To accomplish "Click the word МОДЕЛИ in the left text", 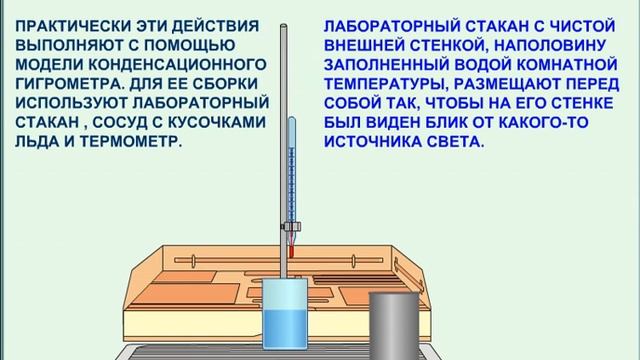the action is coord(45,64).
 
